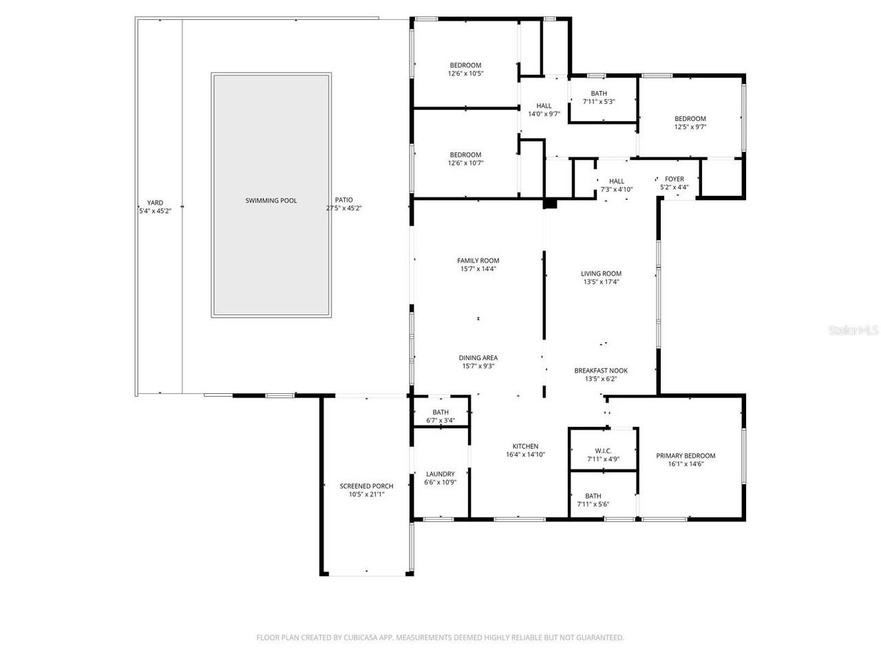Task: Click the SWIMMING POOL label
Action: click(x=271, y=200)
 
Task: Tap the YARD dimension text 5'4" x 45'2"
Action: click(x=155, y=211)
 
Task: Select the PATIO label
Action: click(x=343, y=199)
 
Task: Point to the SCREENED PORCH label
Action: click(x=366, y=485)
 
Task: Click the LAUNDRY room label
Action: click(x=440, y=474)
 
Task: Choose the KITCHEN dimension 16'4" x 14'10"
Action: click(x=525, y=454)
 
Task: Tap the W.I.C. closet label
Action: click(x=603, y=451)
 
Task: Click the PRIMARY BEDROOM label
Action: click(x=686, y=456)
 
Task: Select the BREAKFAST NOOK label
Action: click(x=601, y=371)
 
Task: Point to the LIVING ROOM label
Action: click(x=601, y=274)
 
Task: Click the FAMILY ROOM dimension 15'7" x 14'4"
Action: click(x=478, y=269)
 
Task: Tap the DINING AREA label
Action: click(x=478, y=358)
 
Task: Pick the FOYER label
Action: click(x=675, y=179)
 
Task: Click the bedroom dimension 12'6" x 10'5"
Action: click(x=465, y=74)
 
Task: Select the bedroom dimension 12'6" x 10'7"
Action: click(x=465, y=163)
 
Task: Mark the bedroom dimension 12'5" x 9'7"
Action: click(x=690, y=127)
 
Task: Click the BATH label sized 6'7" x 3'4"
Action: click(x=440, y=412)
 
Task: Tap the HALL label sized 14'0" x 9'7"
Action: click(x=544, y=106)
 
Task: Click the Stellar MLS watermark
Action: click(x=853, y=330)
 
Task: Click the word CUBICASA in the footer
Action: click(x=361, y=637)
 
